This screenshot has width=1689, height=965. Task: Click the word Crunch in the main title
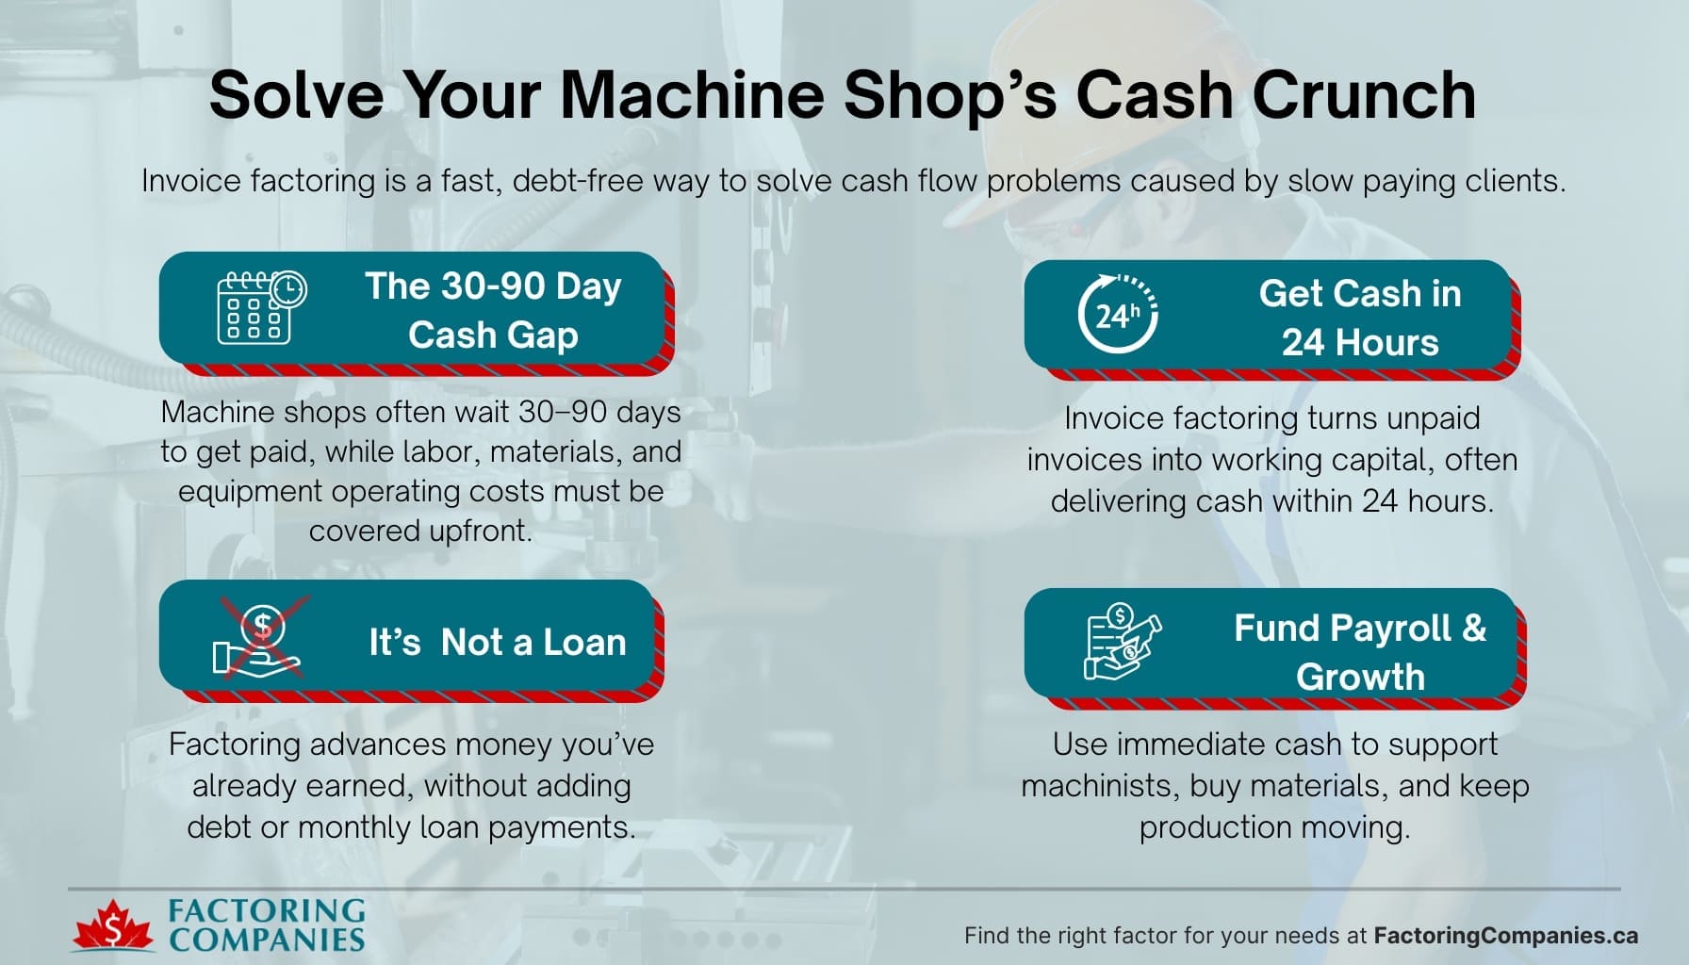(1364, 95)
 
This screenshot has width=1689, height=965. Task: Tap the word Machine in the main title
(693, 95)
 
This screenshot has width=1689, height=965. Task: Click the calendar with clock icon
(261, 308)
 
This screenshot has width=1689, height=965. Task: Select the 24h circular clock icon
(1118, 314)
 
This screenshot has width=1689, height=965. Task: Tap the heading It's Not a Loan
(497, 643)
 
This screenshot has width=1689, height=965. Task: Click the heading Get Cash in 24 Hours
(1359, 318)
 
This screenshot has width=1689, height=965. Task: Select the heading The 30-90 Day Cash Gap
(493, 310)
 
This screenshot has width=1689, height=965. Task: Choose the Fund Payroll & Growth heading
(1359, 652)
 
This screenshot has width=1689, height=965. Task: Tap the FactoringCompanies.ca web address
(1505, 936)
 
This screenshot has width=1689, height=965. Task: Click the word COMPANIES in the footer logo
(267, 940)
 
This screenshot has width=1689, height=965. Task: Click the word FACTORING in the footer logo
(267, 910)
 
